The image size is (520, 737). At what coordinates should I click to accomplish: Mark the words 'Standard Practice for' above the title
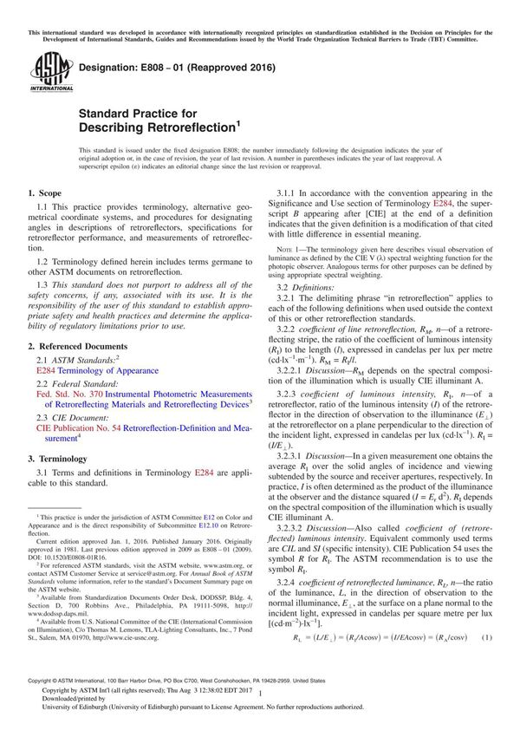pyautogui.click(x=138, y=114)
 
